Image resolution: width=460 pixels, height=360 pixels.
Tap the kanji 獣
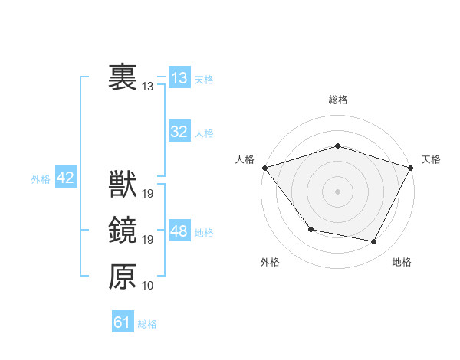[123, 185]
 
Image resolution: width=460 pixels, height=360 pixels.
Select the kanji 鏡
[123, 231]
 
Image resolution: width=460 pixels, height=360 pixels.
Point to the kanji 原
[123, 276]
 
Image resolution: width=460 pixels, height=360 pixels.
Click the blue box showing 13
[179, 78]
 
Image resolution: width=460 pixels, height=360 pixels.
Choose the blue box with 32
[179, 132]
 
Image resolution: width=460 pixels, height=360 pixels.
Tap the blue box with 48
[179, 231]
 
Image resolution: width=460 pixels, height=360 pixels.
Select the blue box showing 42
[66, 178]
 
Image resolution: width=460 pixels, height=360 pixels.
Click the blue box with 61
[123, 322]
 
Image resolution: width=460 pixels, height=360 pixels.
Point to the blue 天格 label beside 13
[204, 80]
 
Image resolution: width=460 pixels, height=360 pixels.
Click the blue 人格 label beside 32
[204, 133]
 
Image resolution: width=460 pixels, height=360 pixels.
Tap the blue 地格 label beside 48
[204, 233]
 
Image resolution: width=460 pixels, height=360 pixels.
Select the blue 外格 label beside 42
[41, 179]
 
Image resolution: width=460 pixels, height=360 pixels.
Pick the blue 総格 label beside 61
[147, 324]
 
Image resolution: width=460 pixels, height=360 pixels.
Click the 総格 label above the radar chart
[337, 100]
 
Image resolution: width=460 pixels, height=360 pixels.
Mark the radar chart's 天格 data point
[411, 168]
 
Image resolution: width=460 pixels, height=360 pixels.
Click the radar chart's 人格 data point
[264, 168]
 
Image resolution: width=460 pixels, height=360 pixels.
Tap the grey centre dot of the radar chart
[337, 191]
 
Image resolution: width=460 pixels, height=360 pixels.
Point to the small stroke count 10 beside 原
[148, 285]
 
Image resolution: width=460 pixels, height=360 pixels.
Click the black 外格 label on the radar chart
[270, 263]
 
